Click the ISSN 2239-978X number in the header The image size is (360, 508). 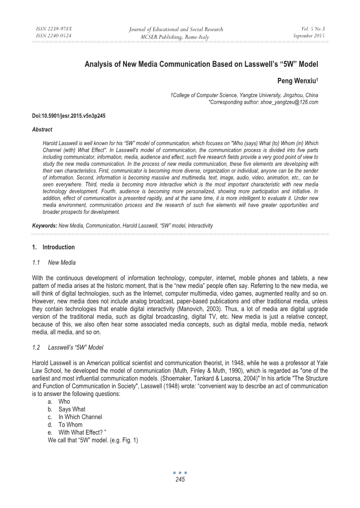click(x=54, y=29)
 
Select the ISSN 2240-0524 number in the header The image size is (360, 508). click(x=54, y=37)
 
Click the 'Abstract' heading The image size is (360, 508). click(x=42, y=130)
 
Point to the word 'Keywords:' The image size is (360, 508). click(x=45, y=225)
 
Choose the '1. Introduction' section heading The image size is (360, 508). click(x=53, y=248)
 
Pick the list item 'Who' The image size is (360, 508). click(x=64, y=401)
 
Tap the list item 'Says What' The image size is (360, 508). click(x=72, y=409)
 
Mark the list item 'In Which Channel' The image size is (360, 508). click(x=80, y=417)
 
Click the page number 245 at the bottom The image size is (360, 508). click(x=180, y=479)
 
